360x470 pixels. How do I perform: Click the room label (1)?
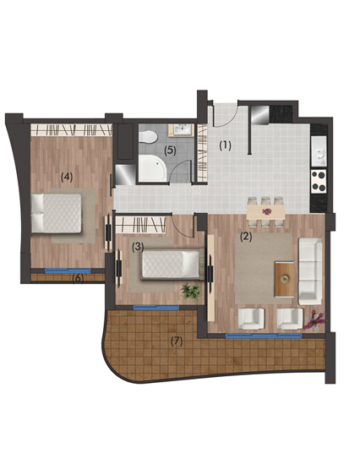(x=225, y=146)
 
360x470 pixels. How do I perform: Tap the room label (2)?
(x=246, y=237)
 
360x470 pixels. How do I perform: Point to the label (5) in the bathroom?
(x=170, y=150)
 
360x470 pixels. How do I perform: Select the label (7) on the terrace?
(x=177, y=342)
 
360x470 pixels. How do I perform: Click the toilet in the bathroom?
(x=149, y=137)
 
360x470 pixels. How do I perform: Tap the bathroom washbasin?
(x=182, y=130)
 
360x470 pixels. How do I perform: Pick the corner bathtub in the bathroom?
(x=152, y=168)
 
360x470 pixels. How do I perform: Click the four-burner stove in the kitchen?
(x=319, y=181)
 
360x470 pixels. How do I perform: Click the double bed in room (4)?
(x=57, y=213)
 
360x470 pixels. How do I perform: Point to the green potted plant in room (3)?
(x=191, y=291)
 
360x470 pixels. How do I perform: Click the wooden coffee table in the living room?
(x=284, y=279)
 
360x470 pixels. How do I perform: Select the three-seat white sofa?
(x=310, y=271)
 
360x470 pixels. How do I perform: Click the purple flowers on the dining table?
(x=266, y=211)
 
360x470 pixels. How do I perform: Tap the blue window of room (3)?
(x=156, y=307)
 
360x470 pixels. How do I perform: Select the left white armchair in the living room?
(x=251, y=319)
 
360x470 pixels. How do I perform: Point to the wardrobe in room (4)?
(x=72, y=130)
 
